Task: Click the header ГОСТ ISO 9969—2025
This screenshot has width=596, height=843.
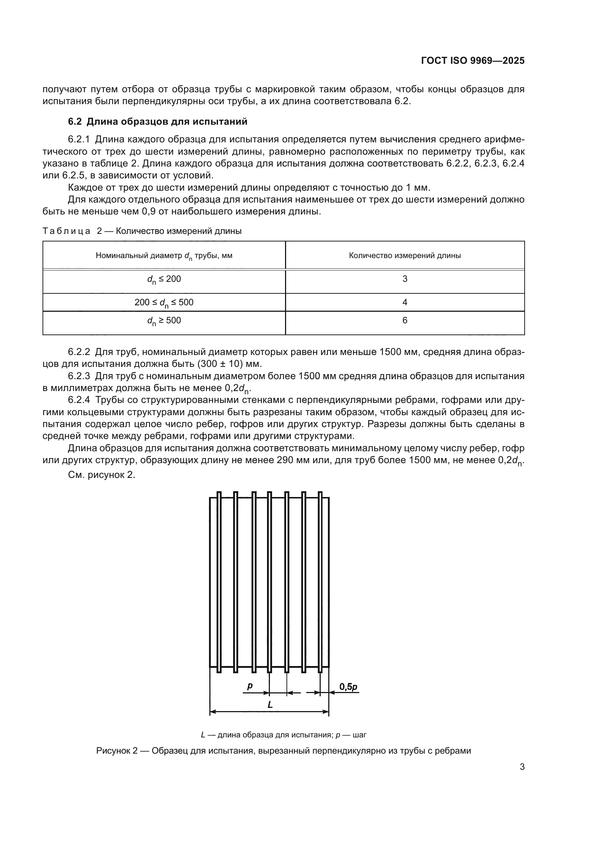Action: (x=472, y=61)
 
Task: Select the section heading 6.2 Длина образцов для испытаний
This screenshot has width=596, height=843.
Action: (x=157, y=121)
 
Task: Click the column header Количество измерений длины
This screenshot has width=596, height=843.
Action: (x=404, y=256)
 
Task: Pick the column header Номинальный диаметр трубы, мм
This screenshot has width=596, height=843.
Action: (x=164, y=256)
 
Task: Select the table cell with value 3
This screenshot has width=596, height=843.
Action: (x=404, y=279)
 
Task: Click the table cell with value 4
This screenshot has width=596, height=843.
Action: (x=404, y=302)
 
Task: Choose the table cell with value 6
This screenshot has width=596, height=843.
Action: (x=404, y=320)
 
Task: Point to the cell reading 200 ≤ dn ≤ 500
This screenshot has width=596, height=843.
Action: (x=164, y=302)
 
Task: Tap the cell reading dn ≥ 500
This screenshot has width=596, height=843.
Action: (x=164, y=321)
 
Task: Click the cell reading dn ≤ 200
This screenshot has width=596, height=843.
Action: (x=164, y=279)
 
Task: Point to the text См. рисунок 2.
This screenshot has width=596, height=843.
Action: (x=101, y=475)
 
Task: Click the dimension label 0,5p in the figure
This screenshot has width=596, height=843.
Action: (x=348, y=686)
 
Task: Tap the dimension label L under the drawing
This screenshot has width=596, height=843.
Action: (x=270, y=705)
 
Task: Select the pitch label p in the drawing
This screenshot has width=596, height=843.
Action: (x=250, y=686)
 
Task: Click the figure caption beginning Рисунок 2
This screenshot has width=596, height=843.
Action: (x=283, y=751)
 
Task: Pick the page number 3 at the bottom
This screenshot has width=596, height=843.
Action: (x=522, y=767)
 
